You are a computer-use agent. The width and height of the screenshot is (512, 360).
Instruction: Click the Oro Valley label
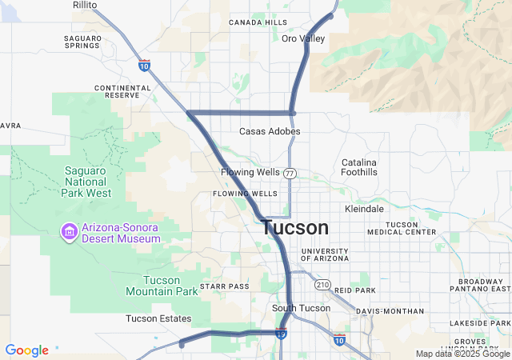tap(302, 38)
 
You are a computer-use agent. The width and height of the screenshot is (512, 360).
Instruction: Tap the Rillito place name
tap(85, 5)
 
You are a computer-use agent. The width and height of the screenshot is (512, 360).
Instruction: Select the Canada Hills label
tap(258, 22)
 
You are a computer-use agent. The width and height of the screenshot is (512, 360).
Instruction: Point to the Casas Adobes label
tap(270, 131)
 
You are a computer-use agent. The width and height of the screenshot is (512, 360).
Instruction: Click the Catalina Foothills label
tap(359, 167)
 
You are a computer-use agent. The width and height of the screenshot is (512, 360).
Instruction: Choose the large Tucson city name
tap(294, 228)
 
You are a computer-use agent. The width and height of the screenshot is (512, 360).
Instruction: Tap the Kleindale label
tap(364, 208)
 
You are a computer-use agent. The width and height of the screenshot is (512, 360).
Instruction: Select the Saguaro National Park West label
tap(86, 182)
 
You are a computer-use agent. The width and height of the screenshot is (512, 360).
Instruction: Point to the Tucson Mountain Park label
tap(162, 286)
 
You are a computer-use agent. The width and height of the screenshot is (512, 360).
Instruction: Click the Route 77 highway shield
tap(290, 173)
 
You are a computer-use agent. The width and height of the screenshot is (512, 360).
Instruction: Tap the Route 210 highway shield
tap(322, 284)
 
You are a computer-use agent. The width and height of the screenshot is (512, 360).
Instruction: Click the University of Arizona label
tap(325, 255)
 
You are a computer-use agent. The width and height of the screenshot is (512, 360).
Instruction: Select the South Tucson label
tap(295, 308)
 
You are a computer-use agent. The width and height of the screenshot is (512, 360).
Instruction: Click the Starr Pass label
tap(225, 286)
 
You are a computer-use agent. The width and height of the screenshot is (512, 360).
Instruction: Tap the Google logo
tap(26, 350)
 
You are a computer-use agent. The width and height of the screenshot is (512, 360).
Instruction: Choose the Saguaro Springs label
tap(83, 42)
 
